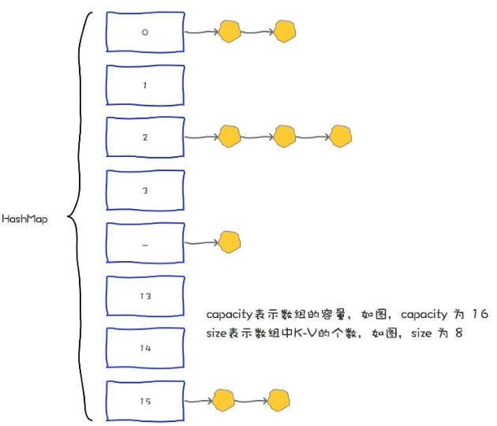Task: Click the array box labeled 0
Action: pos(144,32)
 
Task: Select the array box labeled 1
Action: pos(144,84)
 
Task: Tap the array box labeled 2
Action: pos(144,137)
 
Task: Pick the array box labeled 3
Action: pos(144,190)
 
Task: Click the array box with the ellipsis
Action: pos(144,243)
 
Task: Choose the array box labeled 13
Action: pos(144,296)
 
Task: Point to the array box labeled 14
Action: pos(144,348)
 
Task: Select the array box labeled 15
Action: pos(144,402)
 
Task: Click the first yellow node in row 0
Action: pos(229,32)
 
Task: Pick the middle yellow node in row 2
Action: pos(284,136)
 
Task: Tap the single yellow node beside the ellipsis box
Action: pos(229,241)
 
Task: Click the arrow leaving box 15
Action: pos(198,401)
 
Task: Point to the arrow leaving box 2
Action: pos(200,137)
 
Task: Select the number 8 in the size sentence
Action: pos(456,334)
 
